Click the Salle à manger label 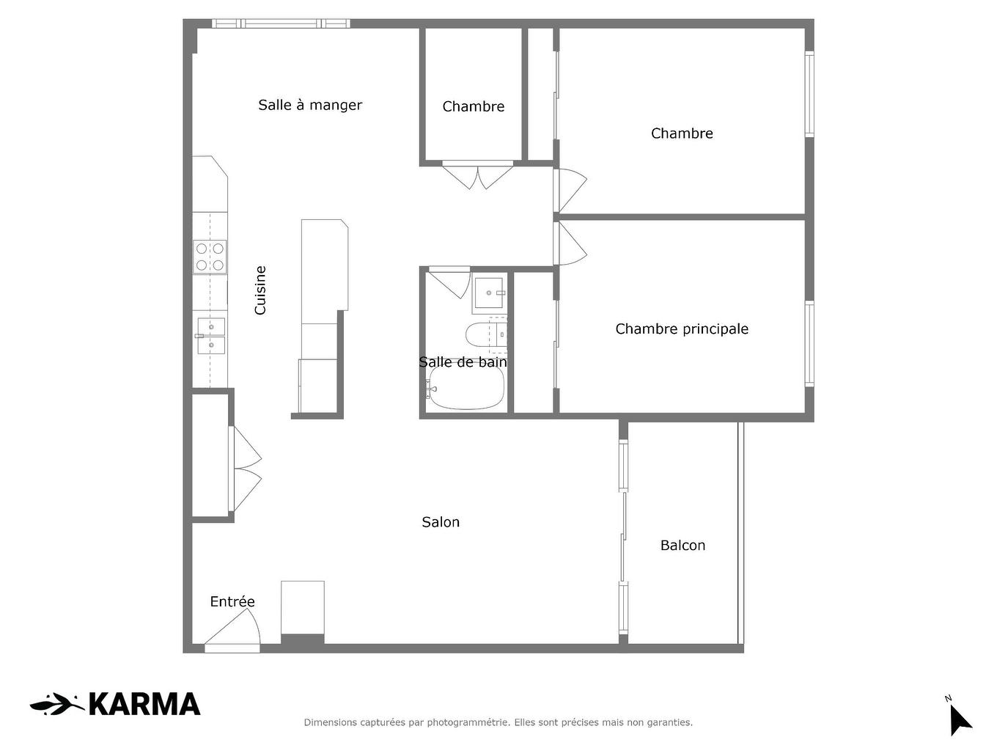tap(310, 105)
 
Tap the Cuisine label tap(260, 290)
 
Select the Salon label tap(441, 522)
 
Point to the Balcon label tap(683, 546)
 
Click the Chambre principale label tap(682, 329)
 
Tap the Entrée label tap(232, 602)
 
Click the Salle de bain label tap(463, 362)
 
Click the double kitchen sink tap(210, 335)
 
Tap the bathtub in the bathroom tap(466, 387)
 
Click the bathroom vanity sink tap(488, 293)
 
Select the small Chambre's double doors tap(477, 175)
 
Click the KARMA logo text tap(144, 705)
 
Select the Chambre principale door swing tap(571, 243)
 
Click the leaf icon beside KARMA tap(56, 705)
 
